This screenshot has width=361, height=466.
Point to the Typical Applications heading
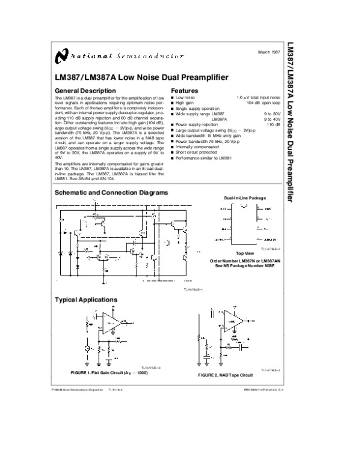point(86,299)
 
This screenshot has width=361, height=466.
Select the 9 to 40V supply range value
point(272,119)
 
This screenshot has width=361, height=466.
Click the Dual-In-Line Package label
point(245,198)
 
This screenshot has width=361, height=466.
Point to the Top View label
point(244,253)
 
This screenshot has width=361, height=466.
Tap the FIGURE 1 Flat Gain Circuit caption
point(109,373)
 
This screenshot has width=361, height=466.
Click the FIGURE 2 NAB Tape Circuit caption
point(226,375)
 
